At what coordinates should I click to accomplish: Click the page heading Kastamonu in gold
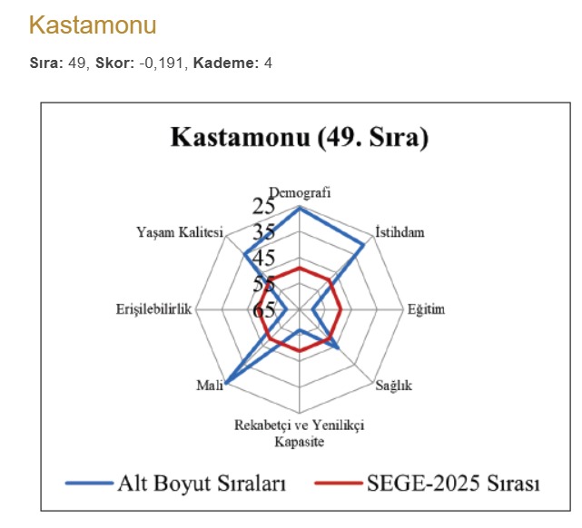pyautogui.click(x=93, y=24)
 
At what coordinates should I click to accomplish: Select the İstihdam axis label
pyautogui.click(x=400, y=231)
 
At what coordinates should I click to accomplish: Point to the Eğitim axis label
pyautogui.click(x=426, y=309)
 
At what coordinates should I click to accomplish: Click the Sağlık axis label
pyautogui.click(x=394, y=386)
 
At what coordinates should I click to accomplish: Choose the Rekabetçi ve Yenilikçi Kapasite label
pyautogui.click(x=299, y=433)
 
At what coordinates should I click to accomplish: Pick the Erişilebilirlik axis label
pyautogui.click(x=155, y=309)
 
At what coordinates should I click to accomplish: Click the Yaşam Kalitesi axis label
pyautogui.click(x=179, y=231)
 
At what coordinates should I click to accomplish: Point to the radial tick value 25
pyautogui.click(x=264, y=205)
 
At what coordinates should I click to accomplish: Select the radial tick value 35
pyautogui.click(x=264, y=231)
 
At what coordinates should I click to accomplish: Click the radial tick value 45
pyautogui.click(x=264, y=258)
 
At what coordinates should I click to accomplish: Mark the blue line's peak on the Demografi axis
pyautogui.click(x=299, y=207)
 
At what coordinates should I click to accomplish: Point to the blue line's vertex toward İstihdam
pyautogui.click(x=364, y=244)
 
